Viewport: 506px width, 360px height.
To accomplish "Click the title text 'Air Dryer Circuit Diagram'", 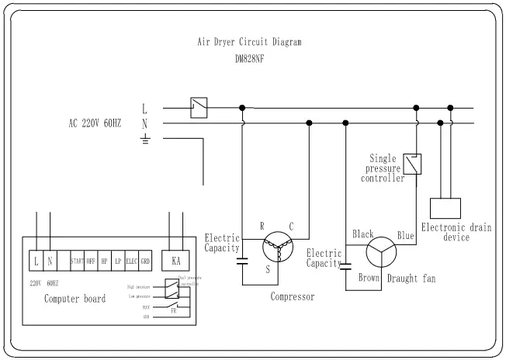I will [249, 43].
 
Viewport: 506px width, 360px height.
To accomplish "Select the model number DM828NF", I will [249, 57].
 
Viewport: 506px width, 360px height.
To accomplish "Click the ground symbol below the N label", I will [144, 140].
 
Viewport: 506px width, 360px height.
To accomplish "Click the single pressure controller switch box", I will [417, 164].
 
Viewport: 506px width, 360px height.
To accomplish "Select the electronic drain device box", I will [445, 209].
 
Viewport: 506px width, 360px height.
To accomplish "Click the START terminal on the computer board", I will [77, 261].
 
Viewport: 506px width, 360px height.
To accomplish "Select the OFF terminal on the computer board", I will [91, 261].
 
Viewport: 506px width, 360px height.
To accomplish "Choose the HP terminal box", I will [105, 261].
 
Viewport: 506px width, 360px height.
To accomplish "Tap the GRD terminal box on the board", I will [145, 261].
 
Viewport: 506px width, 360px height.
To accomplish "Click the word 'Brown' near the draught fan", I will [369, 277].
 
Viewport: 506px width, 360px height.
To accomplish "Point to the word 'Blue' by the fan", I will [405, 234].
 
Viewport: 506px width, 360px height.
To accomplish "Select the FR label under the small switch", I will [174, 309].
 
